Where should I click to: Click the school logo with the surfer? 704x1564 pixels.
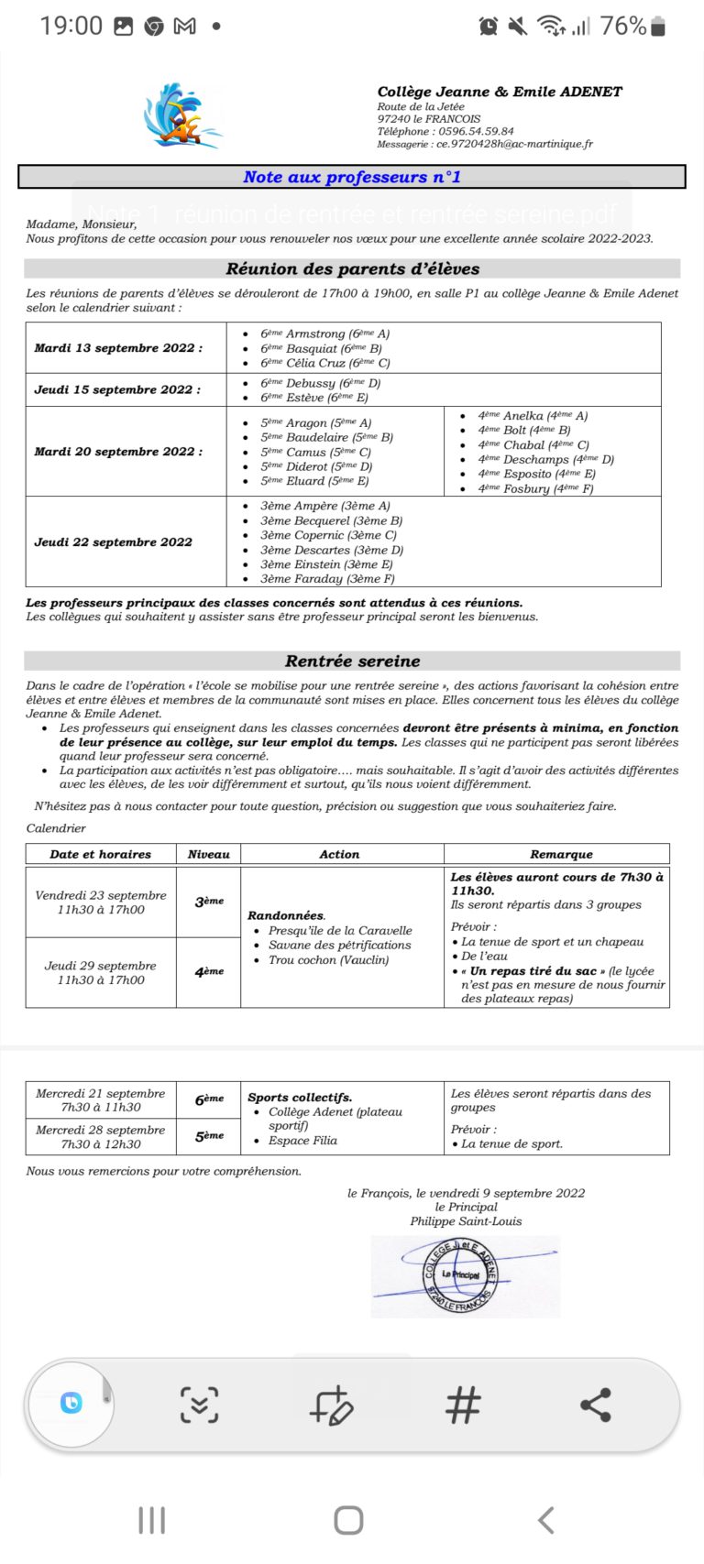[x=183, y=116]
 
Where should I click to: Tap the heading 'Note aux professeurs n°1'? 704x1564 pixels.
[x=352, y=177]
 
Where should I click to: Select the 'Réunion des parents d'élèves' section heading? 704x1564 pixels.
[x=352, y=268]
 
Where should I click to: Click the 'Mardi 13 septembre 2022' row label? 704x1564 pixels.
[x=118, y=348]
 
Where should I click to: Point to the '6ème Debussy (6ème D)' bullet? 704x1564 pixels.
[x=320, y=383]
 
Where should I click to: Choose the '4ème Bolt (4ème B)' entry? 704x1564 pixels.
[x=523, y=430]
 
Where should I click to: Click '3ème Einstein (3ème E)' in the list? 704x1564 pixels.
[x=326, y=564]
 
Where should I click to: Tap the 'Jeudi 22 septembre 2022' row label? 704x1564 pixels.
[x=113, y=542]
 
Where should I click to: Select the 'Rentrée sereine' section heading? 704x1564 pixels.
[x=352, y=661]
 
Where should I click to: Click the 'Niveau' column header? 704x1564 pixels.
[x=208, y=854]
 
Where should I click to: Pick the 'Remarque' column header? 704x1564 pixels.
[x=561, y=854]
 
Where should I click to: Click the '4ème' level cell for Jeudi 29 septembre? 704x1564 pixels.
[x=209, y=971]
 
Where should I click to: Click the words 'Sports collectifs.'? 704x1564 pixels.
[x=300, y=1097]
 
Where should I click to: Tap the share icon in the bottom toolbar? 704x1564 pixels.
[x=596, y=1405]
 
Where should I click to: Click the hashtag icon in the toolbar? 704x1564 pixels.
[x=463, y=1405]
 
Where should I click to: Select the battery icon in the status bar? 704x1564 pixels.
[x=658, y=26]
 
